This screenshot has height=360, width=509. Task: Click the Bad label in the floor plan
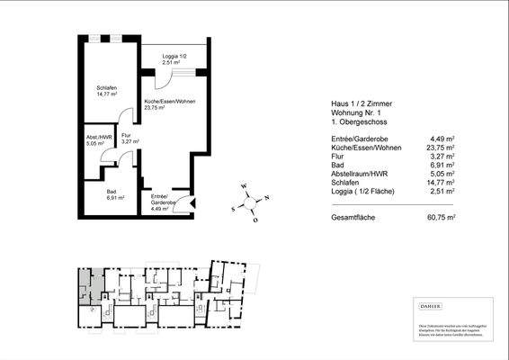[x=112, y=192]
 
